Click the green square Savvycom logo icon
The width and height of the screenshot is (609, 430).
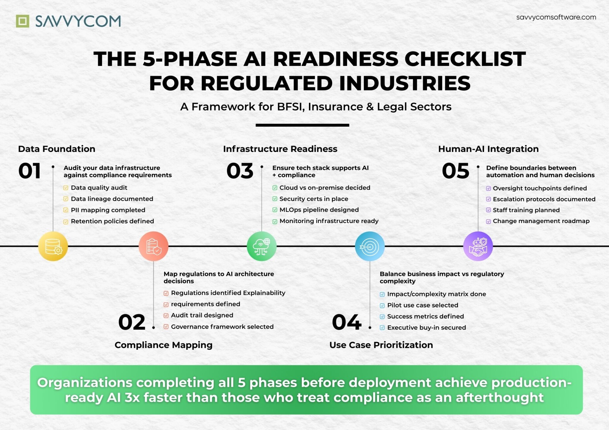[x=23, y=21]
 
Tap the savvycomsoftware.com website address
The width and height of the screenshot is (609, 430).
[x=556, y=17]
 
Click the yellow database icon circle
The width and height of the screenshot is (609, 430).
[x=53, y=246]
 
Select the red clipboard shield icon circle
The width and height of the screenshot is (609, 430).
[x=153, y=246]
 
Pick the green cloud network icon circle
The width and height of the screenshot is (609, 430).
[x=262, y=246]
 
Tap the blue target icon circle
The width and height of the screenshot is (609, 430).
[x=370, y=246]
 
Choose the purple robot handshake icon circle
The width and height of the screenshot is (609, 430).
[x=478, y=246]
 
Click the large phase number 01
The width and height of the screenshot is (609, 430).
[x=29, y=171]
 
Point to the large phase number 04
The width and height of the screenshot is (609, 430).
[x=347, y=322]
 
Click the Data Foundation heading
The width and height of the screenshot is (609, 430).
[x=56, y=149]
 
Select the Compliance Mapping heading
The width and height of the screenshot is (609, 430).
[x=163, y=345]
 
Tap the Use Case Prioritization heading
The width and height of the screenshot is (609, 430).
[x=381, y=345]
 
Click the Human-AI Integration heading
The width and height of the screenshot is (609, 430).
[x=488, y=149]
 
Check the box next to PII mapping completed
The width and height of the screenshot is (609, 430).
[x=66, y=210]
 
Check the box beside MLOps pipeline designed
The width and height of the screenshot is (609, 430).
[x=275, y=210]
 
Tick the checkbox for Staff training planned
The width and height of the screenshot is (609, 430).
[x=488, y=210]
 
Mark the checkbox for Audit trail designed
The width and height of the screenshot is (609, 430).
[x=166, y=316]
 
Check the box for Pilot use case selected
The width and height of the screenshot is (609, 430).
[x=382, y=305]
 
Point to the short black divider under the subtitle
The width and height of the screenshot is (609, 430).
[x=302, y=125]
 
